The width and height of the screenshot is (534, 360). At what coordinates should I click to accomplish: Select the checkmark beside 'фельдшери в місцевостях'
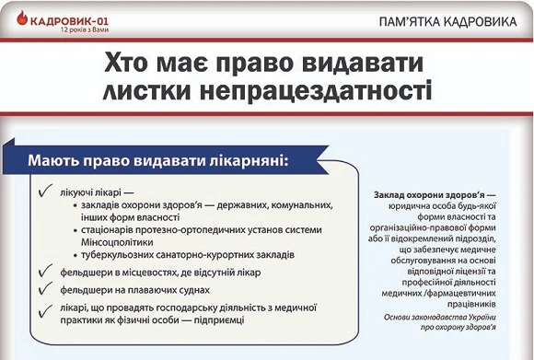[x=45, y=272]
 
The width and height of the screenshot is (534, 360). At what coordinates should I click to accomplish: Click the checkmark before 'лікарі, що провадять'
[x=45, y=309]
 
